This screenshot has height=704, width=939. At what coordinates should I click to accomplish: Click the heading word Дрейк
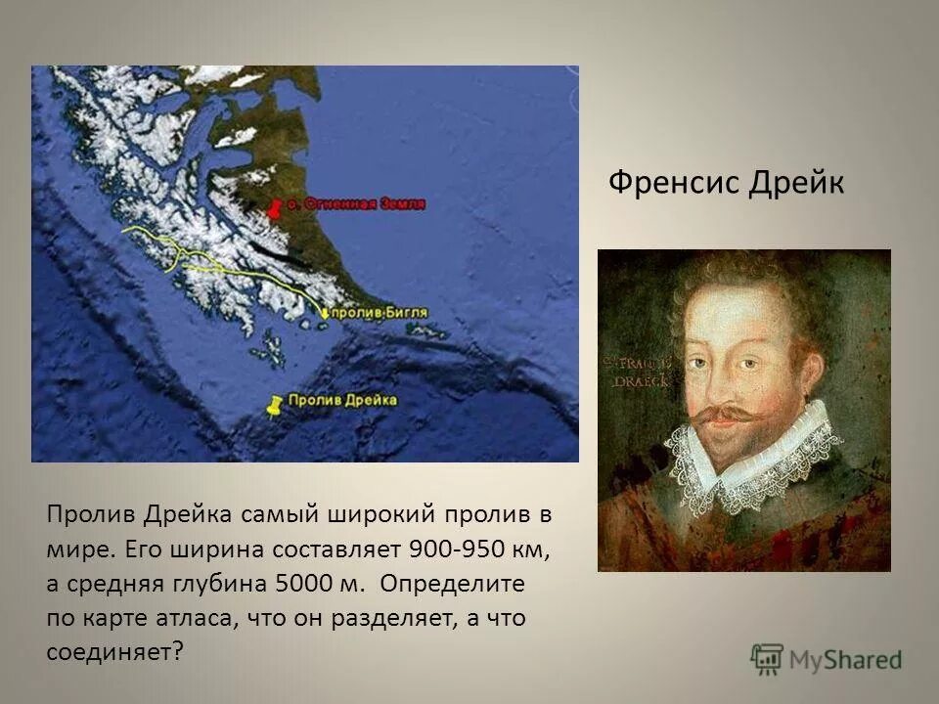tap(795, 183)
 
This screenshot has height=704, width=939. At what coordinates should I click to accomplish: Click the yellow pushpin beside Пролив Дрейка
tap(275, 404)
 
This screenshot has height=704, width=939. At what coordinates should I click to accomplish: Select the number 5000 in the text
tap(305, 584)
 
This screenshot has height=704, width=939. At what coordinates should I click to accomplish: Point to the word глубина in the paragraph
tap(228, 584)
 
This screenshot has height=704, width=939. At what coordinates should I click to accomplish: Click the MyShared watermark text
tap(847, 660)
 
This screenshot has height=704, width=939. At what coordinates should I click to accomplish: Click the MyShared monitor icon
tap(768, 659)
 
